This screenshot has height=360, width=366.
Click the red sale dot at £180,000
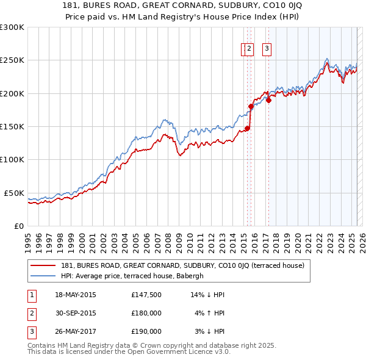[x=251, y=106]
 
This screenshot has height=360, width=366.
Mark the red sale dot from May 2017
[x=268, y=100]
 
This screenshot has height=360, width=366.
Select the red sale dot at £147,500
[x=247, y=128]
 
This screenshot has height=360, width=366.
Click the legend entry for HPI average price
[x=135, y=276]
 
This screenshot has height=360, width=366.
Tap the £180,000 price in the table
[x=146, y=314]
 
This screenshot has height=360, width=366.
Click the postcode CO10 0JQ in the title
[x=289, y=5]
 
